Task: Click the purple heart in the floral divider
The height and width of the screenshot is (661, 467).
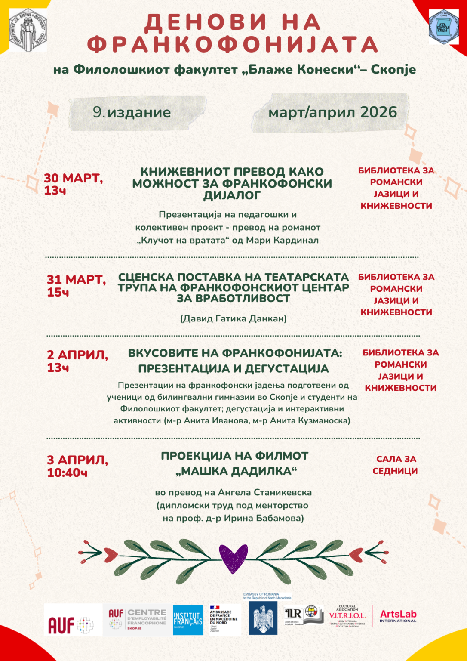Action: tap(233, 558)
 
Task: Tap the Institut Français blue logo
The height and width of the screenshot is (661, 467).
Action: tap(188, 620)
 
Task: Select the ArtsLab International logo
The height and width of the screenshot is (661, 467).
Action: tap(398, 616)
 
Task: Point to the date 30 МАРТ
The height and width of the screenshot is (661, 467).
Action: tap(73, 178)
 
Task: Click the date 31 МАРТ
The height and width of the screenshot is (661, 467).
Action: tap(76, 280)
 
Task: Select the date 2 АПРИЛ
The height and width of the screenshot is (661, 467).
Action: tap(77, 355)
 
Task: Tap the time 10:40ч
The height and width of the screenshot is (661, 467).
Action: tap(67, 473)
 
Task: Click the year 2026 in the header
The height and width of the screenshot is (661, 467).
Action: tap(378, 112)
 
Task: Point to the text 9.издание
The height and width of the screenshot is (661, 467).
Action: tap(132, 112)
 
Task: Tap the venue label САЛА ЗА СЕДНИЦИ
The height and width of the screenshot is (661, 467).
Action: tap(396, 465)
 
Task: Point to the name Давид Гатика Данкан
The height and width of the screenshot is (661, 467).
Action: tap(233, 318)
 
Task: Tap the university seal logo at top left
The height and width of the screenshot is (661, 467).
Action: tap(28, 31)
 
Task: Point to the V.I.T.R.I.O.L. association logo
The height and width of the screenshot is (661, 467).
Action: tap(347, 616)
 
